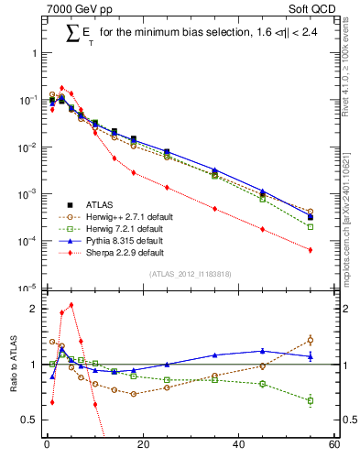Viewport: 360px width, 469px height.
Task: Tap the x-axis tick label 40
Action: (x=238, y=445)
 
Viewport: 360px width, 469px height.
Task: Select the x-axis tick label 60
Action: (x=333, y=445)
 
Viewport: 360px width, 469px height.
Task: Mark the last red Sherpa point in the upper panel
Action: (x=311, y=250)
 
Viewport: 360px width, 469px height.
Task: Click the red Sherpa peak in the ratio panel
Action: (x=71, y=305)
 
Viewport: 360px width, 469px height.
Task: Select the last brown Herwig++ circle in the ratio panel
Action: (x=311, y=340)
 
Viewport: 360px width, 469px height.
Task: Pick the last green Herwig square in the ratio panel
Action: (x=311, y=400)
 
